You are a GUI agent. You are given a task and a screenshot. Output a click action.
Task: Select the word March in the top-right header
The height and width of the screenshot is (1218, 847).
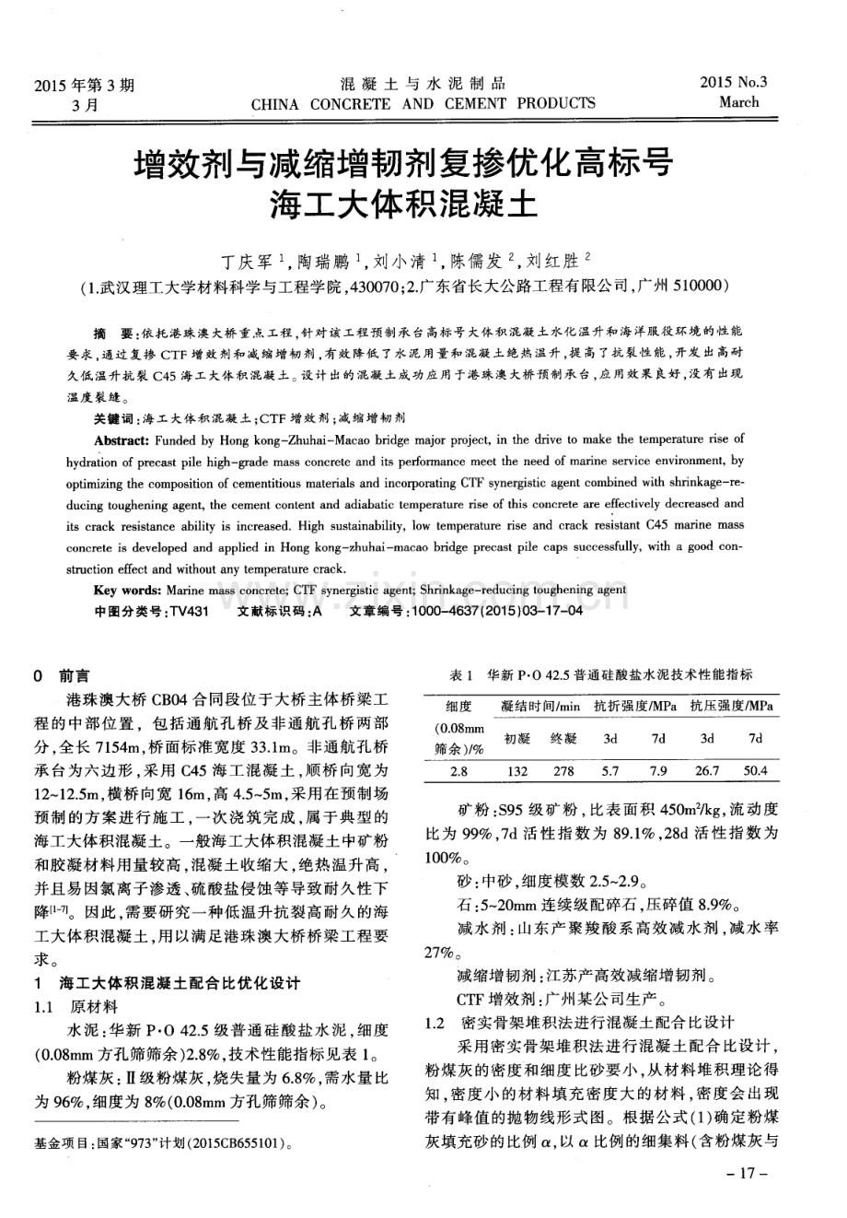click(739, 102)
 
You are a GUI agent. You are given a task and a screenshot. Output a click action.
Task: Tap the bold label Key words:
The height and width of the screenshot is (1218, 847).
click(129, 590)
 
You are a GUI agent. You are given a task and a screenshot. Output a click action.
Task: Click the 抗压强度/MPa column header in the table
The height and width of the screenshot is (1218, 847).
click(732, 707)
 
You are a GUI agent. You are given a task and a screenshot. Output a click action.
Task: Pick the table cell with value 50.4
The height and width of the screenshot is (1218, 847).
click(755, 771)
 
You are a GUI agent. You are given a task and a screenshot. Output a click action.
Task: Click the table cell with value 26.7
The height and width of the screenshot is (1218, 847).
click(707, 771)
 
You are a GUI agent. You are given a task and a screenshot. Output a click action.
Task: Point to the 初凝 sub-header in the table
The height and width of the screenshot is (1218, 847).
click(517, 739)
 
